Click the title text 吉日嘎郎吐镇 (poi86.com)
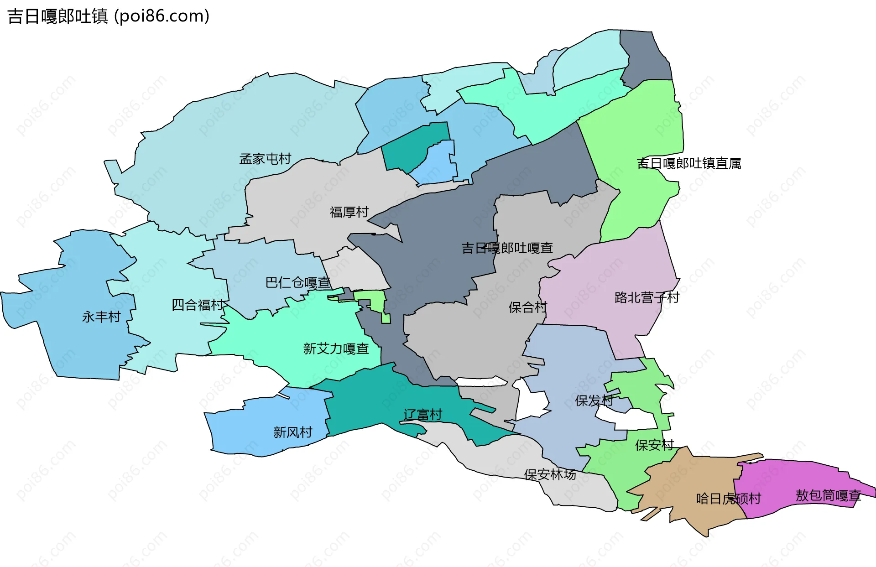109,16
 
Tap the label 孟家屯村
265,159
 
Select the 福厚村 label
349,212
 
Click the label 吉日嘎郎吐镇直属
688,163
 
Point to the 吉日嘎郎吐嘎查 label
507,248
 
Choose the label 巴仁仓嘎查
298,283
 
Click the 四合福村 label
198,305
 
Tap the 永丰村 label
101,317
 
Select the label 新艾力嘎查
336,349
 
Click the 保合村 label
527,307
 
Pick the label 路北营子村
647,298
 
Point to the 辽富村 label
422,415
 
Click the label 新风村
292,432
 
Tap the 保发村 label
594,401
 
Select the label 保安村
654,445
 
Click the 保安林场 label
550,475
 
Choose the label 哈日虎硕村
728,499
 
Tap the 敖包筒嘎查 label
828,495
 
